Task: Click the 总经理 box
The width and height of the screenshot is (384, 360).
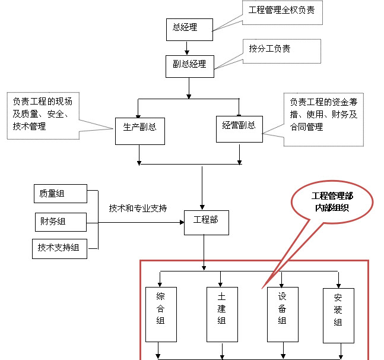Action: tap(185, 27)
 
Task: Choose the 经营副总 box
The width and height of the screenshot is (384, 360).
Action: tap(239, 128)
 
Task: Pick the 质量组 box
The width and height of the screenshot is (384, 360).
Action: tap(59, 194)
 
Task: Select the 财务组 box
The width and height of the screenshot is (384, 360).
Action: tap(59, 222)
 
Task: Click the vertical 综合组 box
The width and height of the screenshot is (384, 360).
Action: tap(161, 314)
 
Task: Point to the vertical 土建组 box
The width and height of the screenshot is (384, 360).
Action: tap(222, 314)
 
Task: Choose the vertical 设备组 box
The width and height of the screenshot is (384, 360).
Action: tap(282, 314)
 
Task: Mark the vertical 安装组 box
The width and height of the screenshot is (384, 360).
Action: tap(338, 315)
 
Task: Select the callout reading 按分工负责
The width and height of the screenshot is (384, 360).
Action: tap(283, 50)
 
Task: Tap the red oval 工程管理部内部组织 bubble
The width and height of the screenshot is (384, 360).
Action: tap(332, 203)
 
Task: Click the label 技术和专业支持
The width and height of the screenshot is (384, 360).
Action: tap(138, 209)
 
